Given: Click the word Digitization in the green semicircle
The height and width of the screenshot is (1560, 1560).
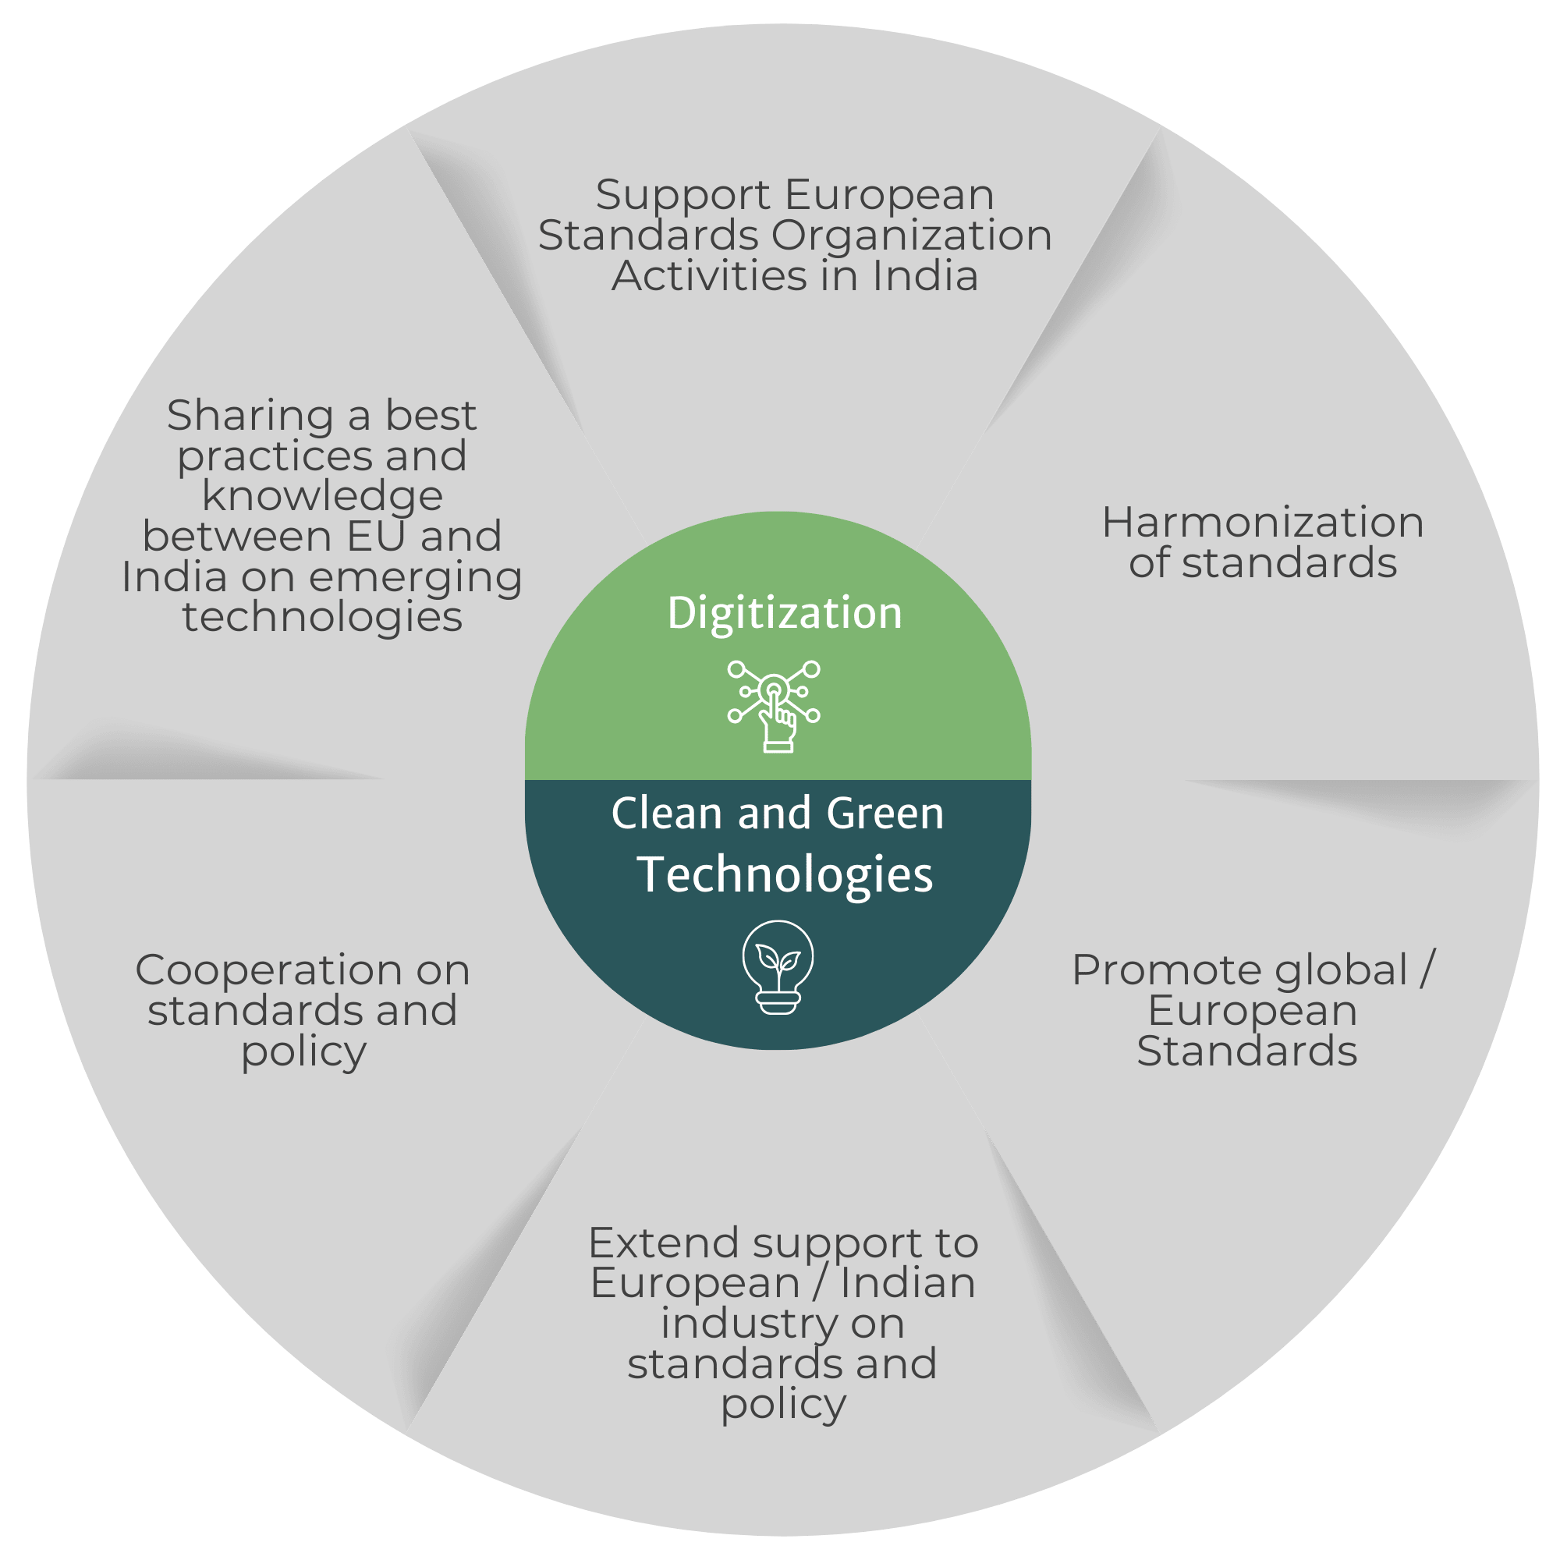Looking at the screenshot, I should tap(784, 614).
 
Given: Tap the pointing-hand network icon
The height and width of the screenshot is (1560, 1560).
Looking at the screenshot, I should tap(774, 706).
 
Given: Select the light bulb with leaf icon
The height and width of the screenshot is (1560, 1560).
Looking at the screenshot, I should tap(778, 966).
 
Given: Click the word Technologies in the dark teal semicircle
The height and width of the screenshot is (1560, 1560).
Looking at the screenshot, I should tap(784, 874).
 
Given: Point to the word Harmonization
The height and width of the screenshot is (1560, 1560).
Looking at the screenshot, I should tap(1262, 523).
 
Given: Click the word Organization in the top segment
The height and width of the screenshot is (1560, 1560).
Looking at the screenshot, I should tap(911, 236).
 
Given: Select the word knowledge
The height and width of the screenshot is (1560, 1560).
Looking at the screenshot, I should tap(321, 496).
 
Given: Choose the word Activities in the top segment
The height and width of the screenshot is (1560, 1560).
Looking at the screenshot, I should tap(709, 276).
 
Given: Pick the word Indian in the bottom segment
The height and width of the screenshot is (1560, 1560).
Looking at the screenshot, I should tap(907, 1283).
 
